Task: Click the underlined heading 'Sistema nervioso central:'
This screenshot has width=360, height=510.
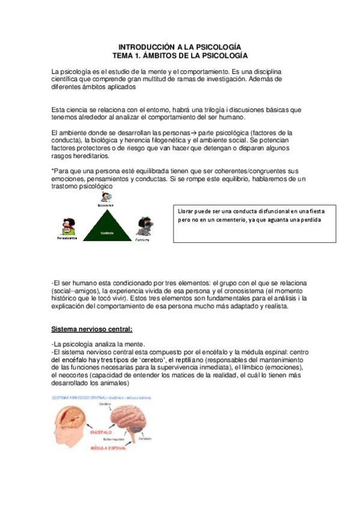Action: pyautogui.click(x=92, y=330)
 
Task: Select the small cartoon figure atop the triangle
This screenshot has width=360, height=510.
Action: pyautogui.click(x=106, y=197)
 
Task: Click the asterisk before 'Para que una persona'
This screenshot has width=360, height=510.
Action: pyautogui.click(x=53, y=171)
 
